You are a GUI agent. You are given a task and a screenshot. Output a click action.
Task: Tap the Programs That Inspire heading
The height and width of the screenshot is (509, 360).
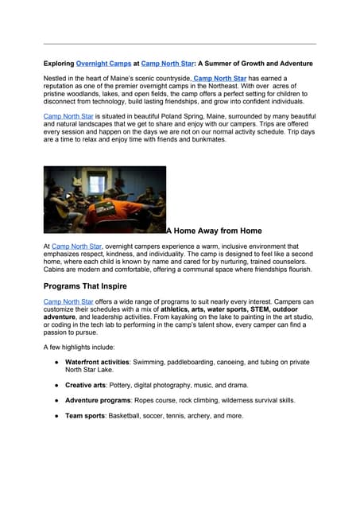tap(85, 286)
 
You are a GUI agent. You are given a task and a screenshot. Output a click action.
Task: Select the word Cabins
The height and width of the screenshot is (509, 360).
tap(56, 270)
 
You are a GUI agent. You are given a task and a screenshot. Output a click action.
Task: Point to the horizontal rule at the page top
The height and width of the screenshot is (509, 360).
tap(180, 44)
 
